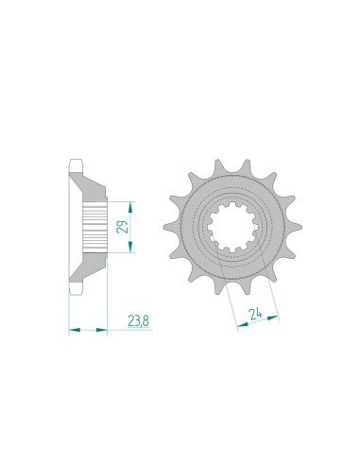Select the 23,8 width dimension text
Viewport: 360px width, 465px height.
[136, 321]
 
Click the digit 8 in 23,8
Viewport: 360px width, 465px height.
[145, 321]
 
